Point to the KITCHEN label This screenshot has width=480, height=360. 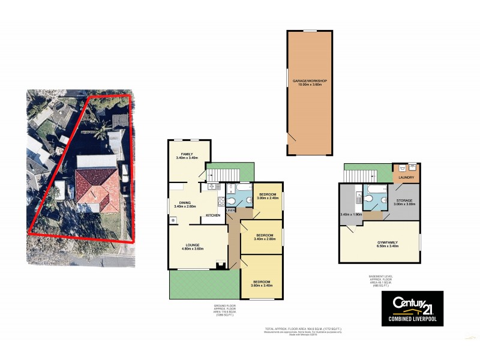pos(214,215)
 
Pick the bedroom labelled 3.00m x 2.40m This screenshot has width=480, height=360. pos(268,196)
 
